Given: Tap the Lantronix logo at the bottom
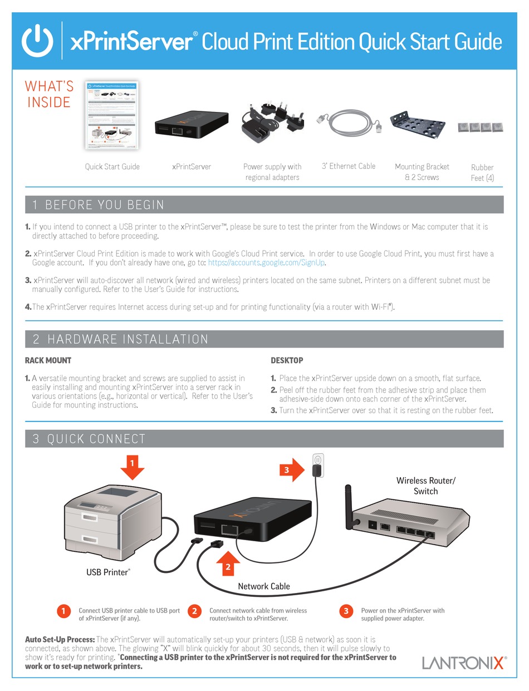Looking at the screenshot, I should (464, 663).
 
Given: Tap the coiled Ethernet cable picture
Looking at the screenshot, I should (347, 127).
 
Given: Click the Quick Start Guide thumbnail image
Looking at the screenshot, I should (112, 115).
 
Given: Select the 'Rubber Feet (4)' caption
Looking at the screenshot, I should (482, 173).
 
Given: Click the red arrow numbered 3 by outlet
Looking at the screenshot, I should (291, 471).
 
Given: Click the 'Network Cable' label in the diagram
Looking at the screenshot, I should (264, 586).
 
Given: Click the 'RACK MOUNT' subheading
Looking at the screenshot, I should (48, 360).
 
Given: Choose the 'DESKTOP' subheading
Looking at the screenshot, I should (287, 360).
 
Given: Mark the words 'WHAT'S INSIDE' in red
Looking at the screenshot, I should (49, 94).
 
